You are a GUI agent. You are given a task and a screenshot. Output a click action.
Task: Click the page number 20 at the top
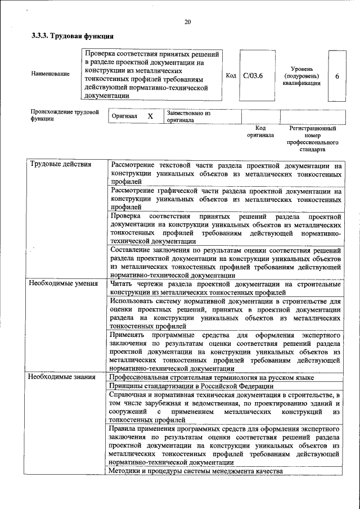187,22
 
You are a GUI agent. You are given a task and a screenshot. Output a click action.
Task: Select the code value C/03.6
253,76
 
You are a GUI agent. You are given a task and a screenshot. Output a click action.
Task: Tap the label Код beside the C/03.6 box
231,75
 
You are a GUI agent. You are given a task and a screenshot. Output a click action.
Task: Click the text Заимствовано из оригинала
188,116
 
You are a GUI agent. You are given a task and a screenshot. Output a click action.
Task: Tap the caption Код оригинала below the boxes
260,132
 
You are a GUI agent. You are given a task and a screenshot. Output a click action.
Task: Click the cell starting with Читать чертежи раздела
225,288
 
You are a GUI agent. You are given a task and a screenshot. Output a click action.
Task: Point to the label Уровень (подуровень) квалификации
302,76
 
